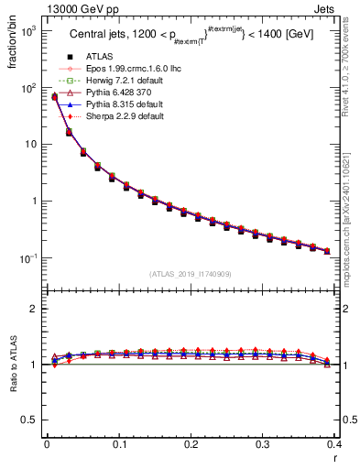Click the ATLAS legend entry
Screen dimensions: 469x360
point(86,57)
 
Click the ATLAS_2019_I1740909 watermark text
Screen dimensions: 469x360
point(190,274)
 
